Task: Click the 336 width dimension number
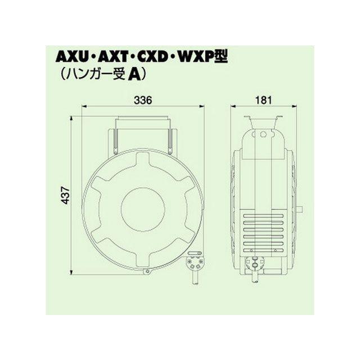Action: click(143, 100)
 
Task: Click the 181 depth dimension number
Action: click(263, 100)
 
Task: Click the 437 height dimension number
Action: click(66, 195)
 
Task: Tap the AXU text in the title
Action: click(72, 57)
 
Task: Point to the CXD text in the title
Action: click(152, 57)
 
